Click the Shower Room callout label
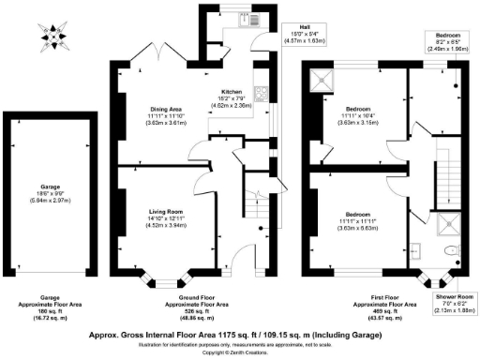pyautogui.click(x=453, y=304)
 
